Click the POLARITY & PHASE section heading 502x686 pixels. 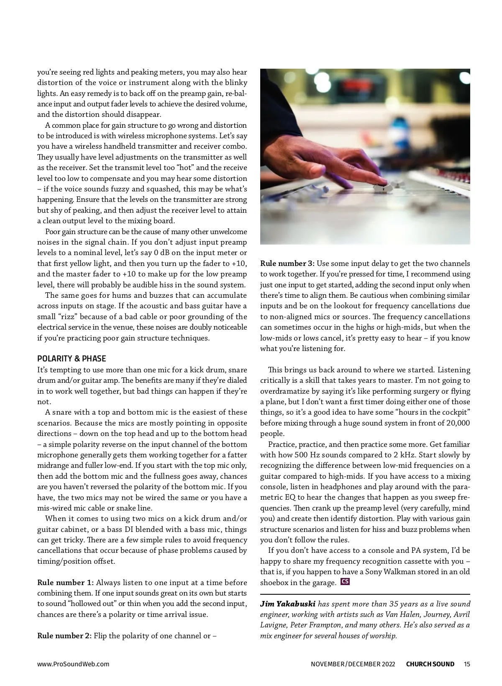tap(72, 358)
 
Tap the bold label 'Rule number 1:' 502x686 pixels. tap(66, 583)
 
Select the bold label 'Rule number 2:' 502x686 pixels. tap(64, 636)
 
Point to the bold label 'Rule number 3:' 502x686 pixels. tap(287, 263)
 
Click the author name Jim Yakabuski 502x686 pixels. tap(288, 604)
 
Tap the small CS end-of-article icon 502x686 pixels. tap(345, 581)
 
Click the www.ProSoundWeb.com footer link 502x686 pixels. tap(73, 664)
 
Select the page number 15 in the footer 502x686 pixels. tap(467, 664)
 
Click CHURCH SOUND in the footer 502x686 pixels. tap(430, 664)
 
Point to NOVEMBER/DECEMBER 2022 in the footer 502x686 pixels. tap(353, 664)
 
